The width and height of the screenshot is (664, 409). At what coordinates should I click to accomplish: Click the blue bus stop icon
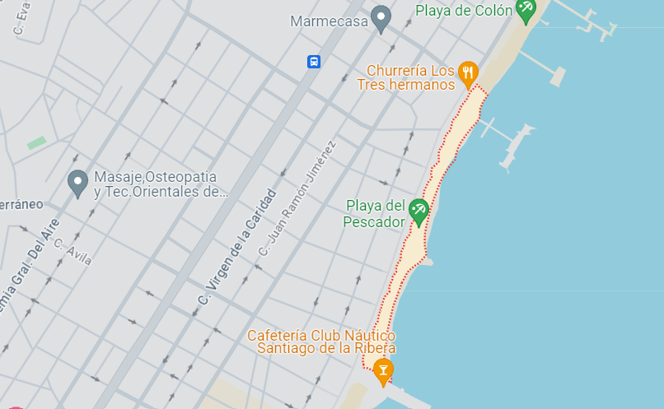(x=313, y=62)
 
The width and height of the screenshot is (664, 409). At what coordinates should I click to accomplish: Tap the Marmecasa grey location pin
(x=380, y=18)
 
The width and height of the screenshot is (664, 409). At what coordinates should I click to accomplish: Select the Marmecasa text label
(x=329, y=21)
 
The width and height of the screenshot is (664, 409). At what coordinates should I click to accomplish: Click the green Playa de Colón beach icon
(x=525, y=9)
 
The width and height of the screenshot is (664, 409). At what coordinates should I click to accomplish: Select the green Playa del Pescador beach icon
(x=419, y=211)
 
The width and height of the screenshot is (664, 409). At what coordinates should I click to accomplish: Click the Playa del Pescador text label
(x=376, y=214)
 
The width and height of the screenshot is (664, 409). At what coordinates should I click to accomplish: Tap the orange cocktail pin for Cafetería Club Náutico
(x=382, y=371)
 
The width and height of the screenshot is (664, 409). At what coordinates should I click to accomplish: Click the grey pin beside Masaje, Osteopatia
(x=77, y=184)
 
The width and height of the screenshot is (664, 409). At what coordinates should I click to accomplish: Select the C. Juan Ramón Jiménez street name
(x=297, y=200)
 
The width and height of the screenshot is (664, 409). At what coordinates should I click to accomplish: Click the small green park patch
(x=36, y=142)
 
